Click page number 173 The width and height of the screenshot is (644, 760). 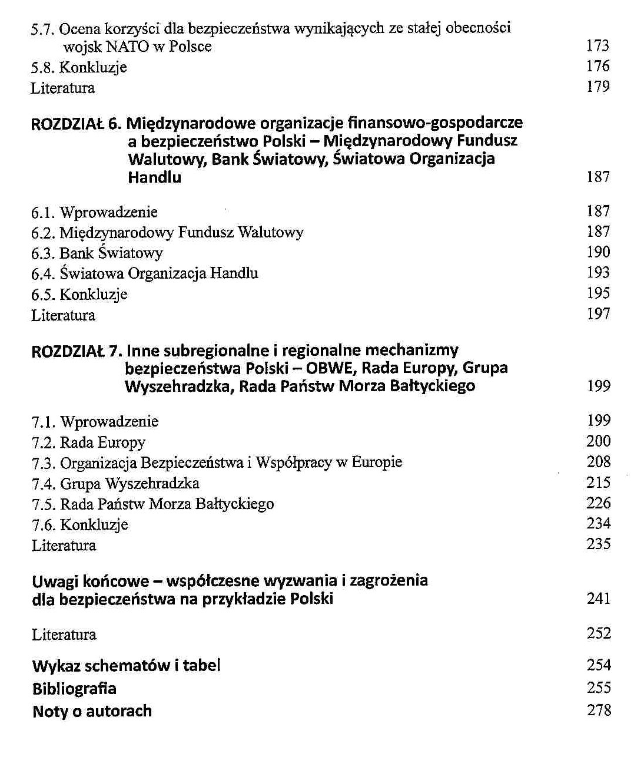point(597,46)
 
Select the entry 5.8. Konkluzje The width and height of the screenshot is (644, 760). point(79,67)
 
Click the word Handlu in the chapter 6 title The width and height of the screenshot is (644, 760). point(154,177)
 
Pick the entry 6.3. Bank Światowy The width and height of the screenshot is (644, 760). point(97,253)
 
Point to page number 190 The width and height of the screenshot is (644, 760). point(598,252)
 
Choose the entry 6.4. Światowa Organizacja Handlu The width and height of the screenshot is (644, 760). point(145,273)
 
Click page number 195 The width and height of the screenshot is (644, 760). point(598,293)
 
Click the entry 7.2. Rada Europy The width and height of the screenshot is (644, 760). point(88,442)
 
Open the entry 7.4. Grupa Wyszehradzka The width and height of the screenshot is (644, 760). point(115,484)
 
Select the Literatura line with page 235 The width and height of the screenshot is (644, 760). point(64,546)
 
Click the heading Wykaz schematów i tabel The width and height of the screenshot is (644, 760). point(127,666)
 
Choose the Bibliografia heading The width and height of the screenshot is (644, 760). point(74,689)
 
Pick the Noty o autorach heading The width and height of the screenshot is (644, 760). point(92,711)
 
